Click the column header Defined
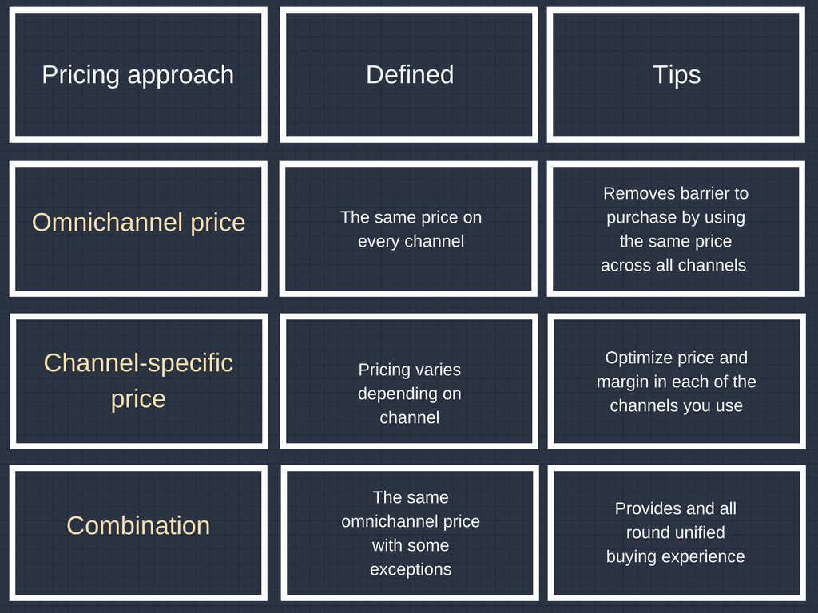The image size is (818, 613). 410,74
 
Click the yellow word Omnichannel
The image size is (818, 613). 108,222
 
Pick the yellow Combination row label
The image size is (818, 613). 138,525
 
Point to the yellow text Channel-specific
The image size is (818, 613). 138,363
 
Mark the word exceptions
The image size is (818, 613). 411,570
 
